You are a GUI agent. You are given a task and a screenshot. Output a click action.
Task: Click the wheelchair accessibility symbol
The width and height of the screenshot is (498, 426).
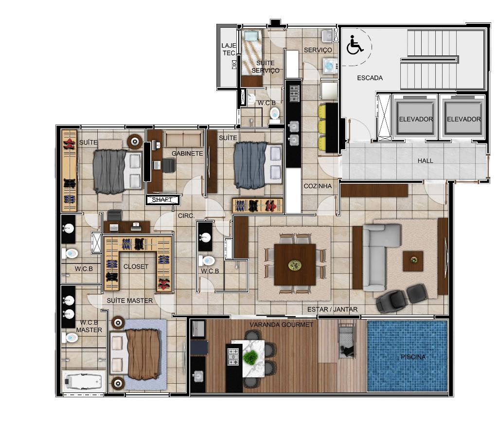[x=355, y=45]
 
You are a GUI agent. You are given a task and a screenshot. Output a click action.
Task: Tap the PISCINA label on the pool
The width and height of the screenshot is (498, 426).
[x=413, y=357]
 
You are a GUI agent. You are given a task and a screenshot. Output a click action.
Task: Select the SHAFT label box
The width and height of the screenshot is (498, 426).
[x=163, y=200]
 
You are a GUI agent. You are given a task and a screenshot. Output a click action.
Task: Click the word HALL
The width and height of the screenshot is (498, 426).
[x=425, y=161]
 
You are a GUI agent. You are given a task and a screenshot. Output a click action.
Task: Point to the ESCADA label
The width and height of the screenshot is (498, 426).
[x=370, y=78]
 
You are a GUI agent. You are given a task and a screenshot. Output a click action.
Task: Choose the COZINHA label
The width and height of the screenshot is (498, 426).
[x=318, y=186]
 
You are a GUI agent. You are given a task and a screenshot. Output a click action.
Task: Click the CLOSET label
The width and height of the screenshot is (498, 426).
[x=136, y=266]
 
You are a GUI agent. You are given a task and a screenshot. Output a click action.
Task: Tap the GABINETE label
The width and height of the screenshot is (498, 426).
[x=187, y=154]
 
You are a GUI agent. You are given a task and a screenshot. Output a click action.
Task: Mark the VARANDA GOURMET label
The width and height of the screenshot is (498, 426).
[x=282, y=325]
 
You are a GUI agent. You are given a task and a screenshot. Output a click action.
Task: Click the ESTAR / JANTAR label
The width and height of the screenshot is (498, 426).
[x=332, y=309]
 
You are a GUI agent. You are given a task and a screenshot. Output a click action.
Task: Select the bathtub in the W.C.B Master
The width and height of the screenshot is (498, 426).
[x=83, y=381]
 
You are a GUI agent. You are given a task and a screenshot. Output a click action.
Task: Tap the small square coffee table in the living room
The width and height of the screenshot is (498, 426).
[x=413, y=261]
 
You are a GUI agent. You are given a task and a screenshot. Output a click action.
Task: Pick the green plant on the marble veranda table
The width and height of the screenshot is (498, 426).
[x=250, y=357]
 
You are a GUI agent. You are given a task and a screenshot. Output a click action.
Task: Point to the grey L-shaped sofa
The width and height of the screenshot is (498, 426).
[x=378, y=257]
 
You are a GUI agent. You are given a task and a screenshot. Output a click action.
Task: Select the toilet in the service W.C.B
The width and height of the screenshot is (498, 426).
[x=274, y=115]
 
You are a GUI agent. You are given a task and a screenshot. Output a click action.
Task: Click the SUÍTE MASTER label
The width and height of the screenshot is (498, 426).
[x=129, y=301]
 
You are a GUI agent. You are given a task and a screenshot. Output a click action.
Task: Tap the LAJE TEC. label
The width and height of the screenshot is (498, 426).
[x=229, y=49]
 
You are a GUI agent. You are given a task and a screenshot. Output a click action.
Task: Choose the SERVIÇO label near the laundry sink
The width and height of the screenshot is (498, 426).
[x=318, y=50]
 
